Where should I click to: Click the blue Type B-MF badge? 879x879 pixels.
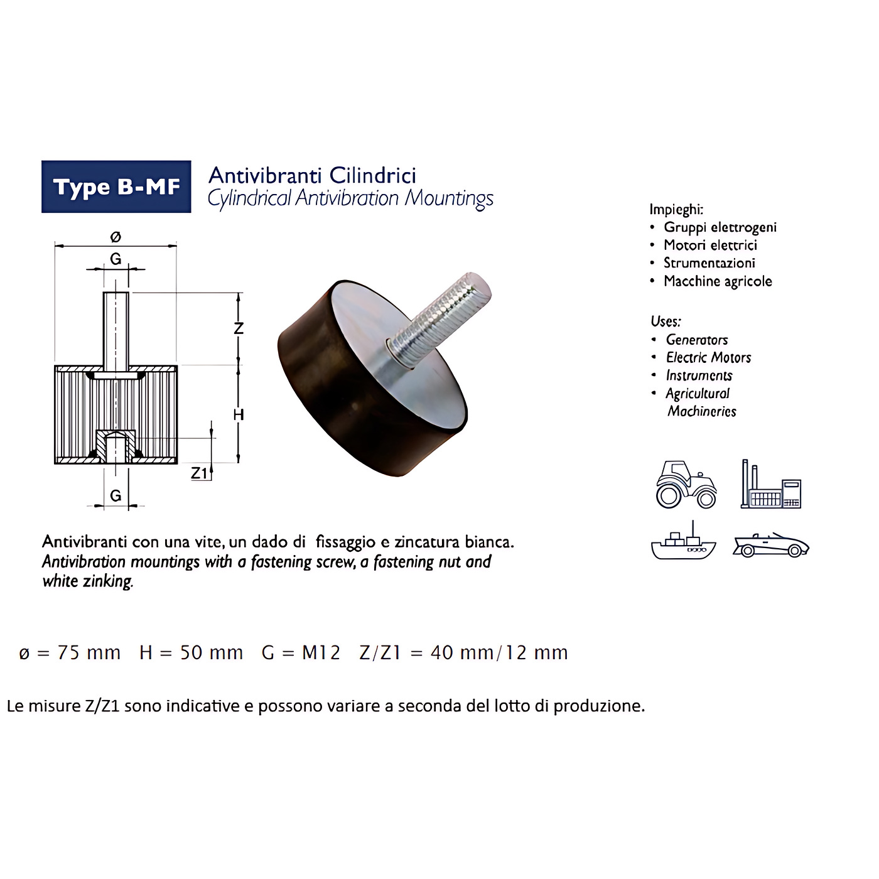click(116, 186)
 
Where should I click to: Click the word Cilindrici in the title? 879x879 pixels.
click(373, 176)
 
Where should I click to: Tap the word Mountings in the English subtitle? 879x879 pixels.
click(449, 199)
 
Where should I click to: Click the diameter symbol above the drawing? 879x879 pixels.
click(116, 237)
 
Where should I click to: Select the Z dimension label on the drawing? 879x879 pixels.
click(239, 328)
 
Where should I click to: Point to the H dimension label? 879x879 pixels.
click(239, 414)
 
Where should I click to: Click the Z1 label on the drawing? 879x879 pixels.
click(199, 473)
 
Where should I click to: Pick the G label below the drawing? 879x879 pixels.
click(116, 495)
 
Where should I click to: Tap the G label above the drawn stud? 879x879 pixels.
click(116, 259)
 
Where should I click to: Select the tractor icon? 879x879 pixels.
click(686, 485)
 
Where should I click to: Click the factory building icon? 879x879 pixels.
click(771, 484)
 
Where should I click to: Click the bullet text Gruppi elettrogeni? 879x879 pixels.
click(720, 227)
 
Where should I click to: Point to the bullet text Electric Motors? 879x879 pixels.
click(708, 357)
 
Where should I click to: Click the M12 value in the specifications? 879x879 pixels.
click(321, 653)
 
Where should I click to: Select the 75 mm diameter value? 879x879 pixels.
click(89, 653)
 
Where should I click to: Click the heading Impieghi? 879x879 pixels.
click(676, 209)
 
